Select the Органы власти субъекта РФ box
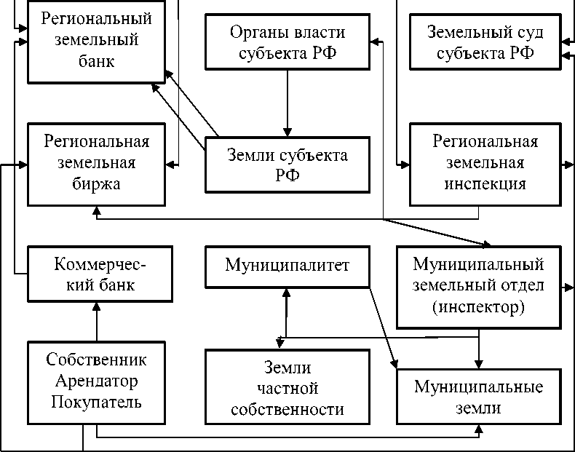point(287,42)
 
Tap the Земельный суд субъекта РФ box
point(485,42)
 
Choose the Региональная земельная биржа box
point(96,163)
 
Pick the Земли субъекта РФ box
point(287,165)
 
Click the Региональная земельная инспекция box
point(485,163)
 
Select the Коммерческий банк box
point(96,273)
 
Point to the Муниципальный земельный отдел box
point(478,285)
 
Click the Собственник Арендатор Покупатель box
point(96,381)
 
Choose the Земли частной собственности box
point(287,388)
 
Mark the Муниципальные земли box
point(478,397)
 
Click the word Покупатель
point(96,402)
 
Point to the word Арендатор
point(96,381)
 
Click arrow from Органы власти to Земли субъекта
point(287,98)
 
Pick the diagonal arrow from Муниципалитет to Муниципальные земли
point(381,323)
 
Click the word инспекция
point(485,183)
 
